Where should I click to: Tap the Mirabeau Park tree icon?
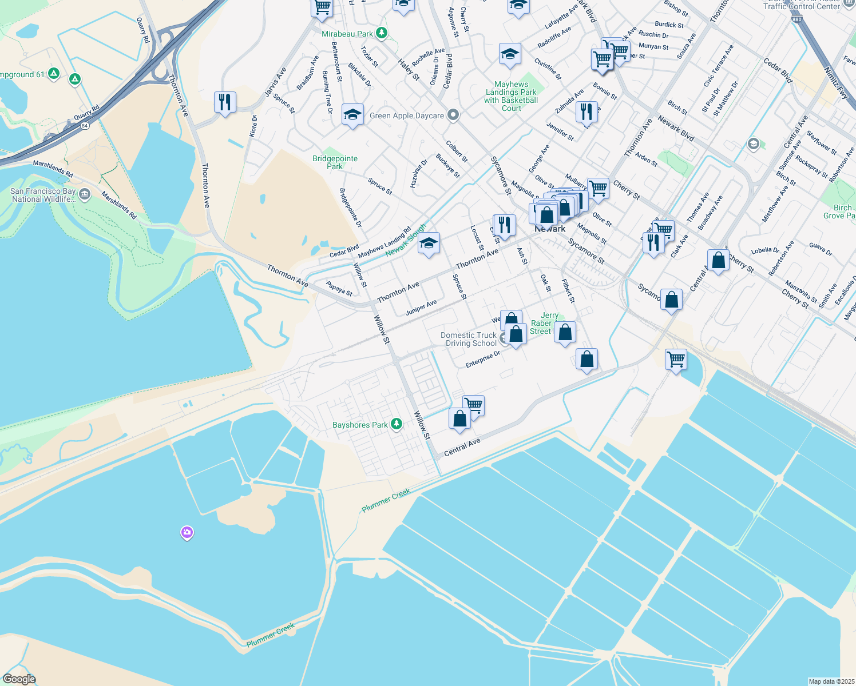click(x=382, y=34)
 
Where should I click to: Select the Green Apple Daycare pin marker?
click(x=453, y=115)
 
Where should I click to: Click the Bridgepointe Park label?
click(x=335, y=162)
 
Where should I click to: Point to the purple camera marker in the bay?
click(x=187, y=533)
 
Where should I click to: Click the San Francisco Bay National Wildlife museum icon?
click(x=85, y=195)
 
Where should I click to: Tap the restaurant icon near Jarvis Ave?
click(x=225, y=102)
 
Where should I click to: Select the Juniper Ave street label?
click(x=421, y=308)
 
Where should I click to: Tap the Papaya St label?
click(x=339, y=288)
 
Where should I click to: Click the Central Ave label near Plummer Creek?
click(x=462, y=447)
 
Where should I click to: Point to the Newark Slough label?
click(x=406, y=241)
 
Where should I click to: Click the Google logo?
click(x=19, y=679)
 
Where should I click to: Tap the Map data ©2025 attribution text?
click(x=831, y=681)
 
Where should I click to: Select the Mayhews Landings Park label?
click(x=511, y=95)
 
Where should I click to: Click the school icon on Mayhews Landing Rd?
click(x=429, y=244)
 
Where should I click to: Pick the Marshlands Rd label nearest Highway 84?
click(x=53, y=168)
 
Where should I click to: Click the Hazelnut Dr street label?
click(x=418, y=174)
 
